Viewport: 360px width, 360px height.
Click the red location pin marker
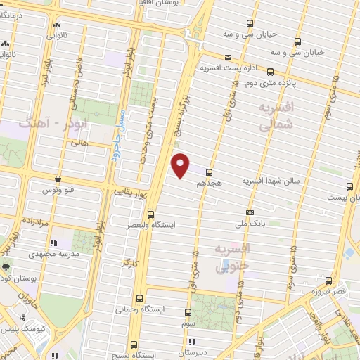(x=181, y=165)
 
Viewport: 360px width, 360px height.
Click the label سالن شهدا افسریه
(x=271, y=181)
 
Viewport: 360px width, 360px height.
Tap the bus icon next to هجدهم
(x=209, y=172)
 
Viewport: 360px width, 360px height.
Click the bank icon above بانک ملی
(x=249, y=212)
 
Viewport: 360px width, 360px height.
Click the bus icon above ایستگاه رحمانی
(x=139, y=298)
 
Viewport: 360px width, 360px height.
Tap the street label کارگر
(x=127, y=263)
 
